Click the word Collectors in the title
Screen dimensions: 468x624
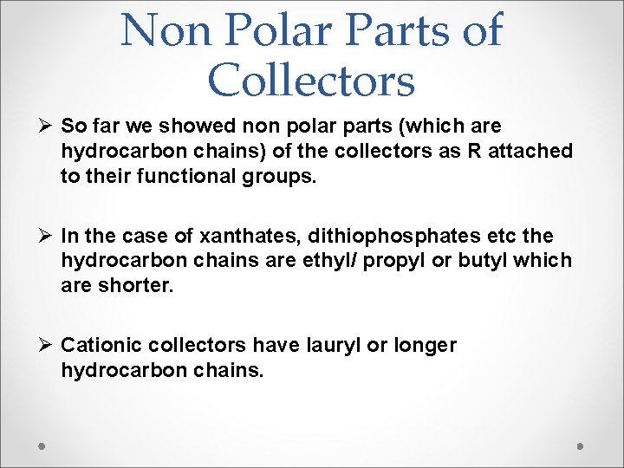[312, 80]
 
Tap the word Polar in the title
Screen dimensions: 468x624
[281, 30]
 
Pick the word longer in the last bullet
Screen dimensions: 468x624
[424, 346]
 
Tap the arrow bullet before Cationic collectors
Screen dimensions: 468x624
[46, 345]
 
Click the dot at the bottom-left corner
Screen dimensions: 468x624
[42, 445]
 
